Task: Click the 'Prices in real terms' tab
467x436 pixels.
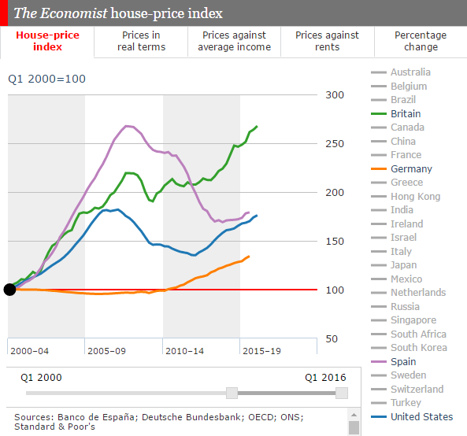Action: pyautogui.click(x=141, y=41)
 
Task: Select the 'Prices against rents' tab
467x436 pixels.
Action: pyautogui.click(x=327, y=41)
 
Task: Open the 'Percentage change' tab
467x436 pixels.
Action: pyautogui.click(x=420, y=41)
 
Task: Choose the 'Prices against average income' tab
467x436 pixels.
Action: pyautogui.click(x=234, y=41)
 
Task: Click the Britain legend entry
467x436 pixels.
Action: pyautogui.click(x=405, y=113)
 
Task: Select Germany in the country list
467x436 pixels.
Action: pyautogui.click(x=410, y=168)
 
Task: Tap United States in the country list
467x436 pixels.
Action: pyautogui.click(x=421, y=416)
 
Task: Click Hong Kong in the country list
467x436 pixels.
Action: pyautogui.click(x=415, y=196)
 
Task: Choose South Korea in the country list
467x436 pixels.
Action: pyautogui.click(x=418, y=347)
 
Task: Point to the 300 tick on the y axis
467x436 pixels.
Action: pyautogui.click(x=336, y=95)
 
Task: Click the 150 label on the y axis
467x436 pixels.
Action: pyautogui.click(x=336, y=241)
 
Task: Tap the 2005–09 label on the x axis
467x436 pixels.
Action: pyautogui.click(x=107, y=350)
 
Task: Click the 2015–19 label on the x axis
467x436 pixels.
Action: pyautogui.click(x=261, y=350)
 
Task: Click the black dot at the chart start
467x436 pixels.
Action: pyautogui.click(x=9, y=290)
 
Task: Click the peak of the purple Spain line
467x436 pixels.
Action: pyautogui.click(x=128, y=126)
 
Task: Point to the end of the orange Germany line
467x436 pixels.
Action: pyautogui.click(x=249, y=256)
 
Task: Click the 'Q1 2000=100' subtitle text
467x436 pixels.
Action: pyautogui.click(x=46, y=79)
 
